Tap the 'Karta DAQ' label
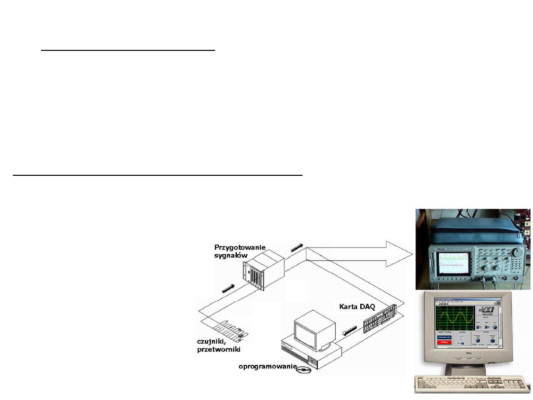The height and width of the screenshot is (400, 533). (357, 306)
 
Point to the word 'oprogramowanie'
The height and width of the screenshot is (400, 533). (266, 366)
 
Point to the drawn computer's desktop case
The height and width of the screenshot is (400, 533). (311, 353)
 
